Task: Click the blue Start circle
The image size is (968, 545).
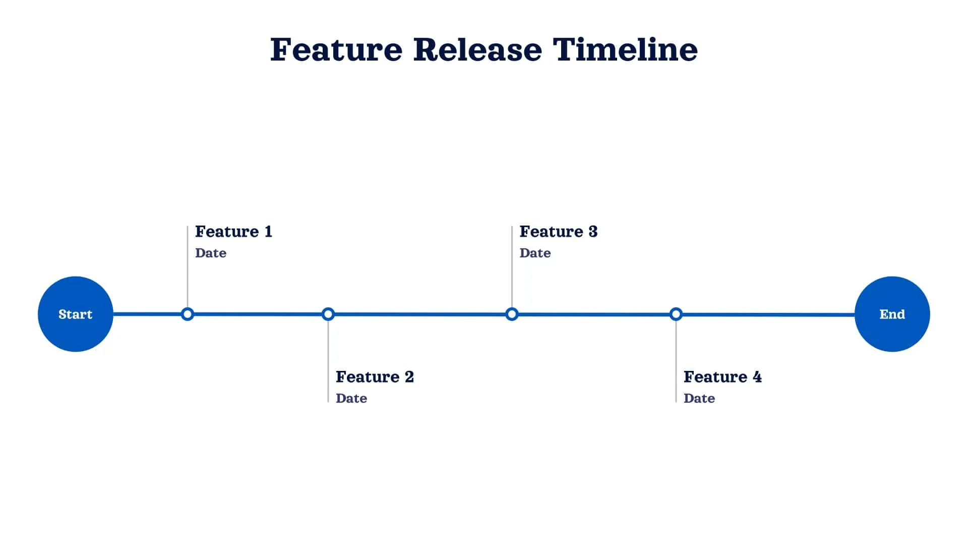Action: click(x=76, y=314)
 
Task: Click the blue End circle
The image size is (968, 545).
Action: click(x=892, y=314)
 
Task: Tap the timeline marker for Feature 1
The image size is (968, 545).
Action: click(x=188, y=314)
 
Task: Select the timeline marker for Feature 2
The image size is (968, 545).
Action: click(x=328, y=314)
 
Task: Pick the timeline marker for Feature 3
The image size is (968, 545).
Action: click(x=512, y=314)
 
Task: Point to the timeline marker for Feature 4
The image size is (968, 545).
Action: click(x=676, y=314)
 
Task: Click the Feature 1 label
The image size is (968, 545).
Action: click(x=233, y=232)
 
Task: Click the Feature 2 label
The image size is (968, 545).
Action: click(x=375, y=377)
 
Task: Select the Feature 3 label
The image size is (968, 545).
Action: click(x=558, y=232)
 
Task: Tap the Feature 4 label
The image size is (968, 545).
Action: click(x=722, y=377)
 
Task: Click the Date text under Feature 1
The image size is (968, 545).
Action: click(x=211, y=253)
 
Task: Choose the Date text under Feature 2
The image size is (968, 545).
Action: click(x=351, y=398)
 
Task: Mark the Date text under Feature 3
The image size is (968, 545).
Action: click(x=535, y=253)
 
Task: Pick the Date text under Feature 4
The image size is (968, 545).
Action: click(x=699, y=398)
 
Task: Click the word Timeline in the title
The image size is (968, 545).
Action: click(x=625, y=50)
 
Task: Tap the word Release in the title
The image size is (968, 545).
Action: click(x=477, y=50)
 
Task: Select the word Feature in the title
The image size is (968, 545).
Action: click(x=336, y=50)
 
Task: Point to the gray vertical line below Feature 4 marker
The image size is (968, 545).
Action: click(x=676, y=363)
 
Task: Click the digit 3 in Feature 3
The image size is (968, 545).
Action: click(x=593, y=232)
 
